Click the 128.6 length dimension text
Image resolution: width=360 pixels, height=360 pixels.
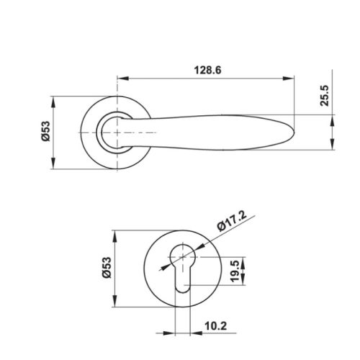(206, 70)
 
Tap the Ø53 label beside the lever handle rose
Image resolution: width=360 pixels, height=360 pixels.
(45, 133)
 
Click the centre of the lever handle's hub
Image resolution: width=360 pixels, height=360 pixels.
(115, 133)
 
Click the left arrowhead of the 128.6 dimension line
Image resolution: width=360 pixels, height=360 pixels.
(120, 78)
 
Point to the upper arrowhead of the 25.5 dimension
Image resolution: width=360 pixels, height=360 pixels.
(332, 110)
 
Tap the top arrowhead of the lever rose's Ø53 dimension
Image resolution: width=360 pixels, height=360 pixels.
(55, 100)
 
